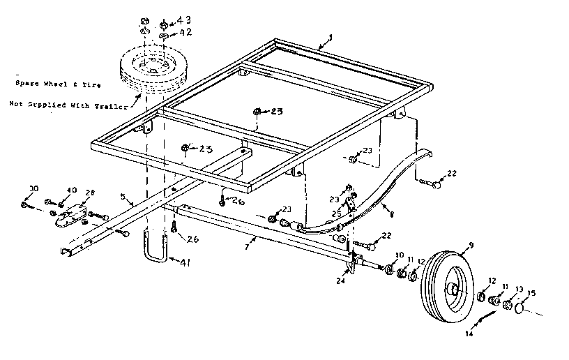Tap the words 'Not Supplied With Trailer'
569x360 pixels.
coord(68,106)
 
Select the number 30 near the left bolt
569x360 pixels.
coord(33,189)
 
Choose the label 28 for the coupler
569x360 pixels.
coord(89,193)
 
